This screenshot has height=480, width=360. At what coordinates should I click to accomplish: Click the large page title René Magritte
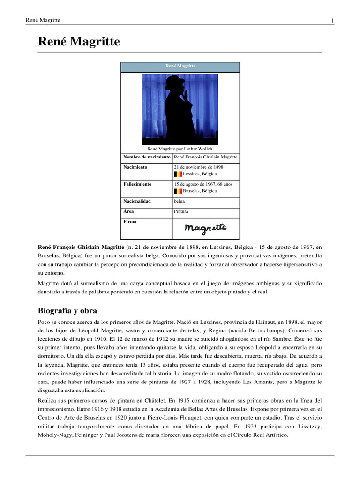click(79, 42)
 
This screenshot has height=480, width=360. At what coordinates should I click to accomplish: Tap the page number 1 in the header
click(332, 20)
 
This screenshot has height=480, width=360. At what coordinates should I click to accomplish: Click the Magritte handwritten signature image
click(205, 228)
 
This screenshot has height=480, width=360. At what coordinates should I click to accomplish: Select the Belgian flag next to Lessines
click(178, 174)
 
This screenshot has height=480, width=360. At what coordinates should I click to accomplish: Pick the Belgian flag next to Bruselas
click(178, 191)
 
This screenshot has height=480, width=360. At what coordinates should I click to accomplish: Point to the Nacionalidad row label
click(137, 201)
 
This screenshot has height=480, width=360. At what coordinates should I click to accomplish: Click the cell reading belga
click(179, 201)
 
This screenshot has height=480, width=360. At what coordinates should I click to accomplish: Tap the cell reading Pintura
click(181, 211)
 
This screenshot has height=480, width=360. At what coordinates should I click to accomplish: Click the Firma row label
click(130, 222)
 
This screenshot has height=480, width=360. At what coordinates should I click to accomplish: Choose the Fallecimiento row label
click(139, 184)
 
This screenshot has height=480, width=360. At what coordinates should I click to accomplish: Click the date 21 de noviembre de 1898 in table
click(198, 167)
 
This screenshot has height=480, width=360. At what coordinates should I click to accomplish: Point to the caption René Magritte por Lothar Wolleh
click(180, 149)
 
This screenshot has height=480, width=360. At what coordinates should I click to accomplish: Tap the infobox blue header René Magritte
click(180, 67)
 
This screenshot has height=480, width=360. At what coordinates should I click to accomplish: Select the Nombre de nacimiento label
click(147, 157)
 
